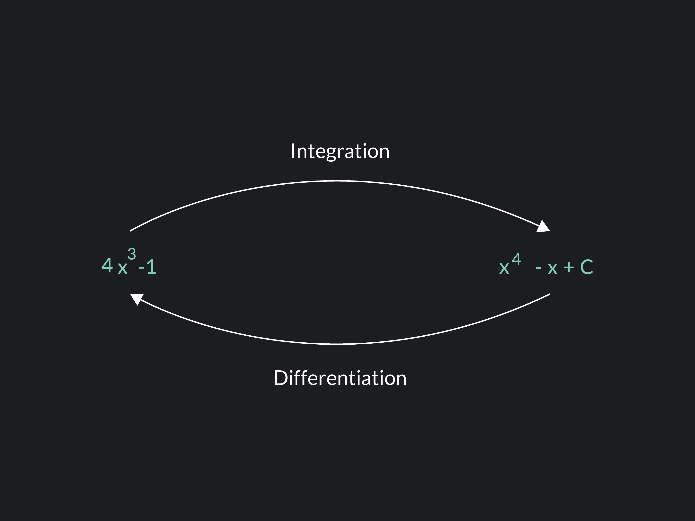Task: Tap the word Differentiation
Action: coord(340,378)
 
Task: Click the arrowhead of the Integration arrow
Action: coord(543,226)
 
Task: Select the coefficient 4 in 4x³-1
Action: coord(107,265)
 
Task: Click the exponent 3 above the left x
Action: coord(132,254)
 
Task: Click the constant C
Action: coord(586,267)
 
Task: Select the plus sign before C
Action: coord(568,268)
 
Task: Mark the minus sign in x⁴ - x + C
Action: coord(538,268)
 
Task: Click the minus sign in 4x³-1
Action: coord(141,268)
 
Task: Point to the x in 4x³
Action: coord(122,269)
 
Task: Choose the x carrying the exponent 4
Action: coord(504,269)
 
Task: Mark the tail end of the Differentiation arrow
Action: coord(550,294)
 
